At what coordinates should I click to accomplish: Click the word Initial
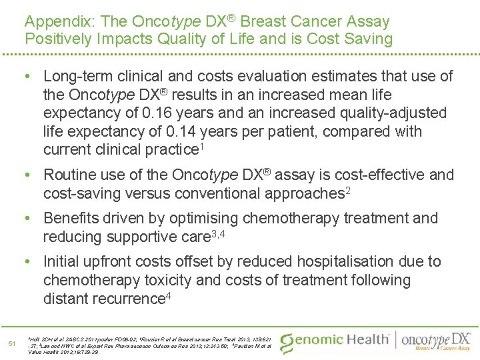point(62,262)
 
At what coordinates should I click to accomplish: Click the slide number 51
point(11,343)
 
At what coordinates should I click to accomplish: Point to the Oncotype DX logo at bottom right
point(437,340)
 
